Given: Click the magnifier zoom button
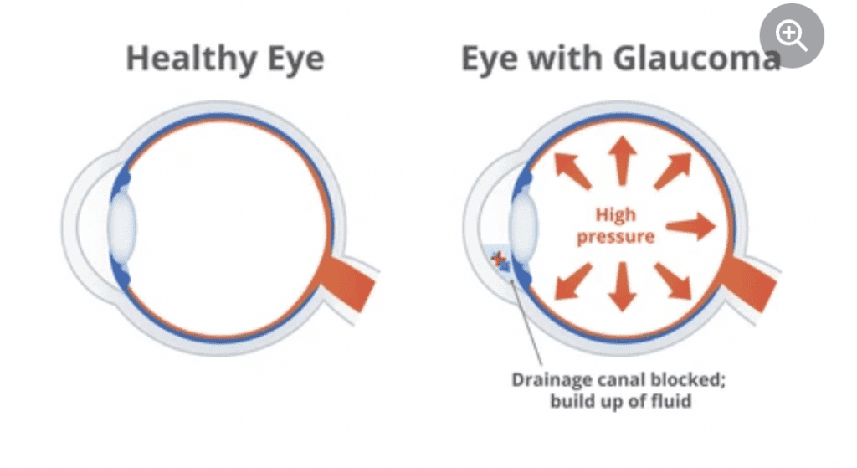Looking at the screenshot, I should pyautogui.click(x=791, y=36).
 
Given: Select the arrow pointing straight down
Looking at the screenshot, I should pyautogui.click(x=621, y=286).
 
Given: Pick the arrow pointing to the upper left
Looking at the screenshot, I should pyautogui.click(x=572, y=171).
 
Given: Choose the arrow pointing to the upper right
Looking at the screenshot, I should pyautogui.click(x=671, y=171).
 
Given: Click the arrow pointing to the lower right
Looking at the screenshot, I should pyautogui.click(x=672, y=280).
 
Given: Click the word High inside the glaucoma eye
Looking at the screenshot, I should pyautogui.click(x=616, y=215).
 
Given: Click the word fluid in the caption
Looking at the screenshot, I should pyautogui.click(x=670, y=401).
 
